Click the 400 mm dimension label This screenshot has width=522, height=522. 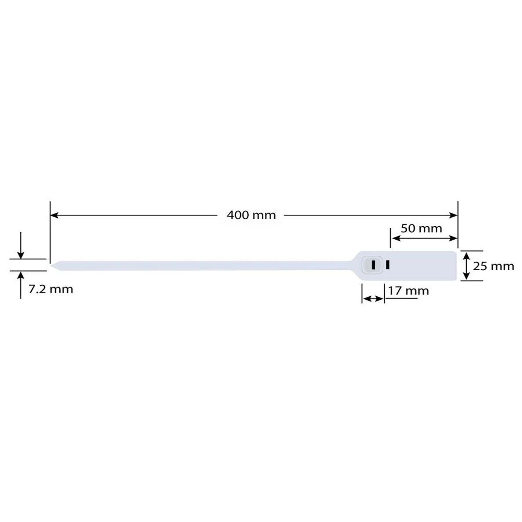(251, 215)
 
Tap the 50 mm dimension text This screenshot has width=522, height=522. (421, 228)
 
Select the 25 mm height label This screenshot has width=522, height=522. (493, 266)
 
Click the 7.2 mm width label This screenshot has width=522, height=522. (50, 289)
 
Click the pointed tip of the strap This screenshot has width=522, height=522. (52, 264)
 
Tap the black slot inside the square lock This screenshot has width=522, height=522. (373, 264)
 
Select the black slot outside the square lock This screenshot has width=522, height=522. (387, 264)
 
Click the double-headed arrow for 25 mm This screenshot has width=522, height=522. (466, 266)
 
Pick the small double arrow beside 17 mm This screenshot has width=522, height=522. (373, 298)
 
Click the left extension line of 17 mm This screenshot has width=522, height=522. (362, 294)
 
